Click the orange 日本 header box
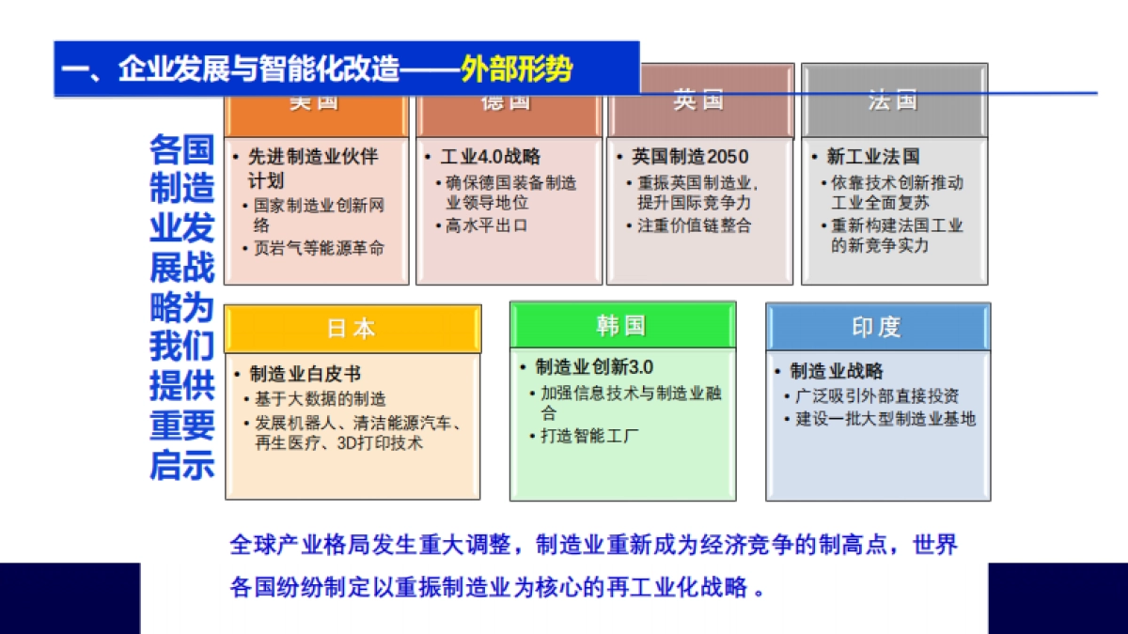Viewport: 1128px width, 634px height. (352, 328)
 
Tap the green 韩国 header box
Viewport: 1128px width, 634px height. (622, 325)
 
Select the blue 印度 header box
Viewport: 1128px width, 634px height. (877, 327)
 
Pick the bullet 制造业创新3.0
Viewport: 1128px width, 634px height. (594, 367)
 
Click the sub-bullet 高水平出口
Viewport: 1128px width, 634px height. (486, 225)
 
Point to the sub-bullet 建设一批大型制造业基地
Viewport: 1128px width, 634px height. (886, 419)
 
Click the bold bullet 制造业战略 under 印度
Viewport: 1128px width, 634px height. (837, 372)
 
